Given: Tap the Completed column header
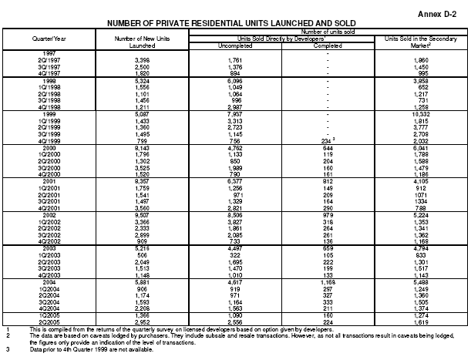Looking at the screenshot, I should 328,44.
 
